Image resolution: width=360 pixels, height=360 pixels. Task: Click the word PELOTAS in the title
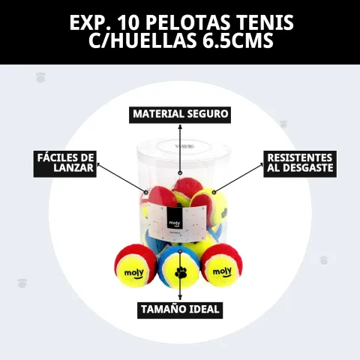[x=187, y=22]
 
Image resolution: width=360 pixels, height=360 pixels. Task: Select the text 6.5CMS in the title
[x=237, y=40]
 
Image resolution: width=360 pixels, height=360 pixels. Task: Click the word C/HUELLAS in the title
[x=142, y=40]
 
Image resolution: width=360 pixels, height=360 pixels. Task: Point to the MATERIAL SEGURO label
[x=180, y=114]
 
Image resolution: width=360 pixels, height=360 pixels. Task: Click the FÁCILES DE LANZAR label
[x=65, y=163]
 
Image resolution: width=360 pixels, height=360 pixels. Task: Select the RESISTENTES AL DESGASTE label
[x=300, y=163]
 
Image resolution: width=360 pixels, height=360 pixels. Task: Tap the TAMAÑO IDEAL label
[x=180, y=310]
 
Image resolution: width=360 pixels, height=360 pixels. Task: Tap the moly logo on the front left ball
[x=134, y=274]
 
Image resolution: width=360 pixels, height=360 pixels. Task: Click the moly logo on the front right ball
[x=222, y=272]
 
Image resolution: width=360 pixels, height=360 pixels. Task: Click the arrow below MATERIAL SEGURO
[x=180, y=149]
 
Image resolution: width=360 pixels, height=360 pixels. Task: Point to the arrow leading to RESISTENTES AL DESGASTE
[x=238, y=178]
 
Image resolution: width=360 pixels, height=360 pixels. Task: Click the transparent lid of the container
[x=184, y=149]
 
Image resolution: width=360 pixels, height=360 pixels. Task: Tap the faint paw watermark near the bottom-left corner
[x=22, y=283]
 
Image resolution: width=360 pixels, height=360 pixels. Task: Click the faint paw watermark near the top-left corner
[x=40, y=77]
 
